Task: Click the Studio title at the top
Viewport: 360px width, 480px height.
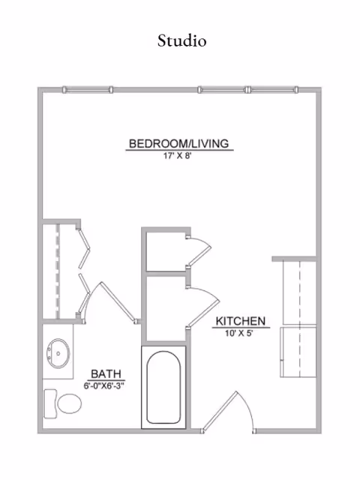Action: pos(181,40)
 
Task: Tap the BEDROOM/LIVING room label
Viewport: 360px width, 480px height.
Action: pos(178,143)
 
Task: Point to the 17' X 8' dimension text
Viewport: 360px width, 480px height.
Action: pos(178,157)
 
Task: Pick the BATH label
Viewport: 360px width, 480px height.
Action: pos(105,373)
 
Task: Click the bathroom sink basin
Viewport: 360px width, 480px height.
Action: pos(58,351)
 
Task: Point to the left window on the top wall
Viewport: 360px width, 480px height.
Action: pos(88,90)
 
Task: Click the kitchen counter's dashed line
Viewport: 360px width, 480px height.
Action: pos(299,315)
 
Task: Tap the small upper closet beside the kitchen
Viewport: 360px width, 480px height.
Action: pos(165,251)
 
